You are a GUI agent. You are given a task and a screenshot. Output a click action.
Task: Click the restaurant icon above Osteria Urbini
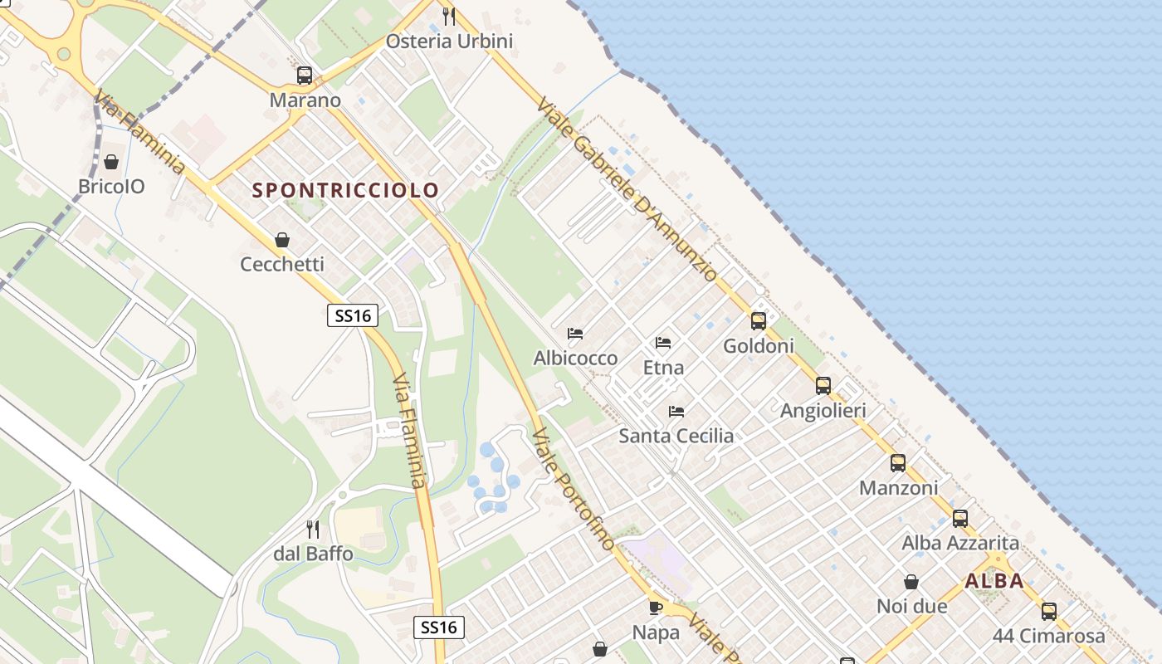[x=449, y=16]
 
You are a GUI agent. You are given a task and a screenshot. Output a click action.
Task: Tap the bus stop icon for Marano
[x=305, y=76]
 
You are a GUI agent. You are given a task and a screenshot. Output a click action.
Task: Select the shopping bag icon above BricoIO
[x=111, y=161]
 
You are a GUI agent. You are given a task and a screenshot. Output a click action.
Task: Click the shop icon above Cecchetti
[x=282, y=240]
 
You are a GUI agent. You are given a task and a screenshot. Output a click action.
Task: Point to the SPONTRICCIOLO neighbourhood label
[x=345, y=190]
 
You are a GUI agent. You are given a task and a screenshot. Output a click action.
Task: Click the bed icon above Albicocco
[x=575, y=334]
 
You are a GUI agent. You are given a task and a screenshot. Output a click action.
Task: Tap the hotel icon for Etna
[x=663, y=342]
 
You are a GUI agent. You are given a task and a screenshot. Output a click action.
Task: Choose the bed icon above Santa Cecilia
[x=676, y=411]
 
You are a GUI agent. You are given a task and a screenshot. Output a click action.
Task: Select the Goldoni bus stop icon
[x=759, y=321]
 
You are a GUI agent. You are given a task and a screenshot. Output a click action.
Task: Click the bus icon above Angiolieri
[x=823, y=386]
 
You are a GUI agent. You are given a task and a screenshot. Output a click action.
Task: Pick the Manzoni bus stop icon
[x=898, y=463]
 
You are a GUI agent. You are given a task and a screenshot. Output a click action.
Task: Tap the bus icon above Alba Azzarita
[x=960, y=519]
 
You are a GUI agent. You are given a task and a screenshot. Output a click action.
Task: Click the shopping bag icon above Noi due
[x=911, y=582]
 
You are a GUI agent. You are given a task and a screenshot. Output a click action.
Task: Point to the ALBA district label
[x=994, y=581]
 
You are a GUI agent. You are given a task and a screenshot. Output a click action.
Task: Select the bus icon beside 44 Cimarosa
[x=1049, y=612]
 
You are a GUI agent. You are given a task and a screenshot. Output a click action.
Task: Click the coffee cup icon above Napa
[x=656, y=608]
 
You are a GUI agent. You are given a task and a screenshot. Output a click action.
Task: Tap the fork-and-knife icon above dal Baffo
[x=313, y=529]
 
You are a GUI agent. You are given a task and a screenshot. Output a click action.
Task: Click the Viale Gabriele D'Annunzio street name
[x=627, y=189]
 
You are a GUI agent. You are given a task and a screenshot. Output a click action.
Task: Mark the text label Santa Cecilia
[x=676, y=436]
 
